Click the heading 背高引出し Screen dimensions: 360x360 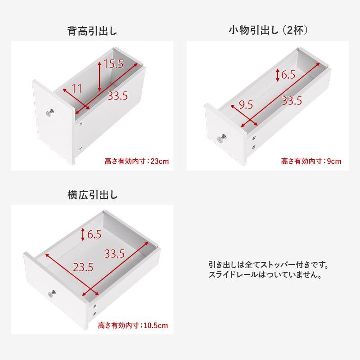[x=92, y=31]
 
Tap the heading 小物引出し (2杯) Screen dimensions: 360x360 [x=268, y=30]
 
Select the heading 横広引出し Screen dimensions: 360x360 [x=93, y=195]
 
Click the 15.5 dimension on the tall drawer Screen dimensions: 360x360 [x=114, y=64]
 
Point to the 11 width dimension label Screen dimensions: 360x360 [x=77, y=89]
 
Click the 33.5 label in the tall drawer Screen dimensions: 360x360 [x=118, y=95]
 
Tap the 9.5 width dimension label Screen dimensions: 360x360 [x=246, y=105]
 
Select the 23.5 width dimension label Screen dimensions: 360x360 [x=83, y=267]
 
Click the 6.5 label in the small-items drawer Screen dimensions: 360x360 [x=288, y=74]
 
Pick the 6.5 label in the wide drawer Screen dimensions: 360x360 [x=94, y=234]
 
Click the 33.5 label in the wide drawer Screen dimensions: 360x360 [x=115, y=254]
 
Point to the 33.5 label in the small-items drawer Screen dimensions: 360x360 [x=292, y=101]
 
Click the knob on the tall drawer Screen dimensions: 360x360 [x=49, y=113]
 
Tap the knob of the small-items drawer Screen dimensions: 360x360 [x=222, y=139]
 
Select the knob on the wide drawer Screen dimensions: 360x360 [x=52, y=294]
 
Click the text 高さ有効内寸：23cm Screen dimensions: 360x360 [x=137, y=161]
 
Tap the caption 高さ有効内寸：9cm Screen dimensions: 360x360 [x=311, y=161]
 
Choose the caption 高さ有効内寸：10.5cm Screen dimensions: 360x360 [x=133, y=325]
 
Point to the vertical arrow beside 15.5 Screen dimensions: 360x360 [x=99, y=76]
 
